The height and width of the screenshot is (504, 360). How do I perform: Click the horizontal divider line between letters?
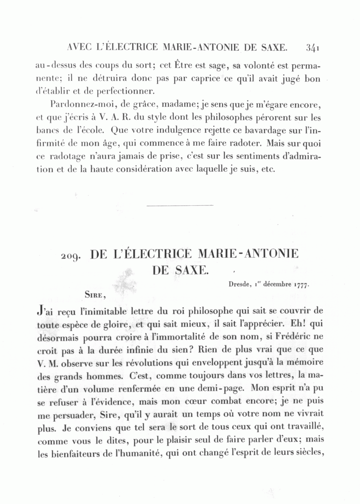[x=180, y=206]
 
